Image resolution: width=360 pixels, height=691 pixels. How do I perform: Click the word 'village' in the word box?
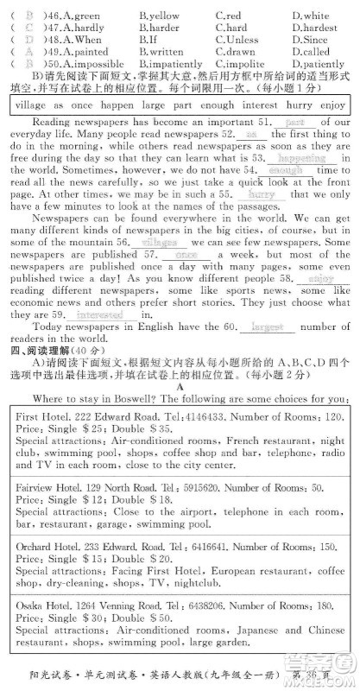coord(35,103)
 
